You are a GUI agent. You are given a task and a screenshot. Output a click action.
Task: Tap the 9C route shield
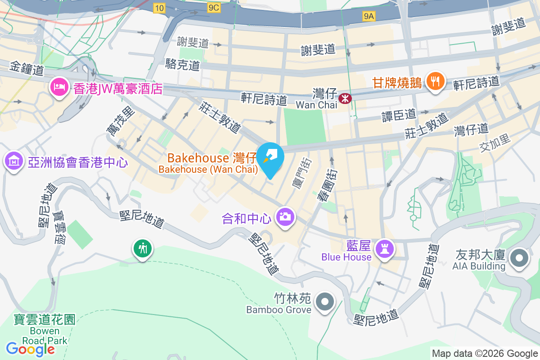(x=214, y=8)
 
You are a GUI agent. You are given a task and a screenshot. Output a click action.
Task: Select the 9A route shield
(x=369, y=17)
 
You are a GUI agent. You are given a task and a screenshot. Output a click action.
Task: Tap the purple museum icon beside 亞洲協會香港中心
(x=14, y=161)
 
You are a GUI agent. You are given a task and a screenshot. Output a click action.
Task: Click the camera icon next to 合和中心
(x=284, y=217)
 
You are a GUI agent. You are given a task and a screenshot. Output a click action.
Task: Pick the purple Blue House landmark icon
(x=385, y=248)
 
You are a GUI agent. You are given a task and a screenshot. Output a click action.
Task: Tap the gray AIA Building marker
(x=519, y=258)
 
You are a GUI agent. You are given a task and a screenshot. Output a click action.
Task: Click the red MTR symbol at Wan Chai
(x=345, y=97)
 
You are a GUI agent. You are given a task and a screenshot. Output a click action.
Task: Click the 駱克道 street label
(x=182, y=65)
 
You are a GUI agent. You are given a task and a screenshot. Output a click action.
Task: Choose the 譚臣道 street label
(x=399, y=115)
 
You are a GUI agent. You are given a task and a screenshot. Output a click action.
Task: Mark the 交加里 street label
(x=495, y=143)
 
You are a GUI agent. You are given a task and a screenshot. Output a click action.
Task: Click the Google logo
(x=30, y=349)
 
